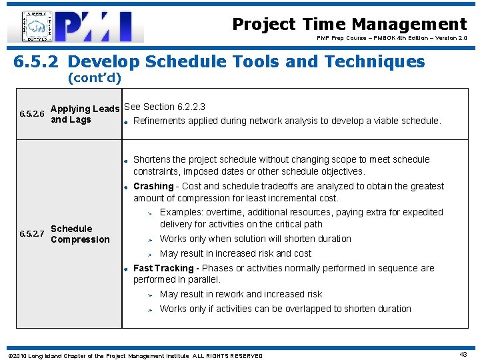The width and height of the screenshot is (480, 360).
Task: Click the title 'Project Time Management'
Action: (x=349, y=25)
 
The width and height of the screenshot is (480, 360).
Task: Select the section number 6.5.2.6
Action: (x=32, y=115)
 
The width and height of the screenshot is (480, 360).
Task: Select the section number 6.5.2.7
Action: (x=32, y=234)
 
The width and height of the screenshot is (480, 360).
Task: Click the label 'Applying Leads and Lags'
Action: (x=85, y=114)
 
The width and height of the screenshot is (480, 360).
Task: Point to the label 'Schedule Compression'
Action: (x=80, y=234)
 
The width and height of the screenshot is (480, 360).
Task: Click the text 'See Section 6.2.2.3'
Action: (x=165, y=107)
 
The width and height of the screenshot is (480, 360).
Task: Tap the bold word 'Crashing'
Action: (x=153, y=186)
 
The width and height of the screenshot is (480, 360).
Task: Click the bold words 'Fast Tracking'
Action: (x=164, y=268)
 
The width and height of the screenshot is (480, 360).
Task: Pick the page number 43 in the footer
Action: (x=463, y=355)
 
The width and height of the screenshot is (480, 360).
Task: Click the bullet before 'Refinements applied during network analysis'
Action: (x=126, y=121)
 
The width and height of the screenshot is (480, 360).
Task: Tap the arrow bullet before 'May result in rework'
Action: (x=151, y=295)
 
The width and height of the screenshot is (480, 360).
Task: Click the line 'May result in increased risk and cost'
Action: (x=235, y=253)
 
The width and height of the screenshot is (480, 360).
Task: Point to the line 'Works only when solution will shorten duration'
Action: (x=255, y=239)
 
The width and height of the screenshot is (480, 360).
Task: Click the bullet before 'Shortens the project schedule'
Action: (x=126, y=160)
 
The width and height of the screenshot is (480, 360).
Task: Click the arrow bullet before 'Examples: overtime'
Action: (x=151, y=213)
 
